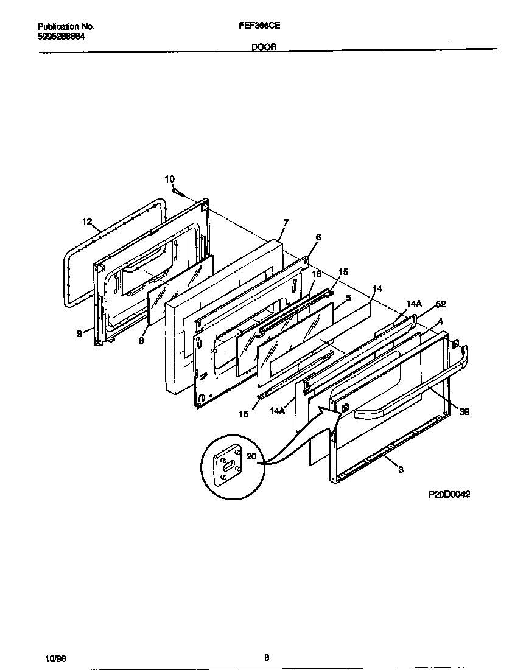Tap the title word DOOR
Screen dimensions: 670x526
pos(264,46)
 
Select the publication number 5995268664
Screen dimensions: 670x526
pos(61,37)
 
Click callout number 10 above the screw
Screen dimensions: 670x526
pos(169,179)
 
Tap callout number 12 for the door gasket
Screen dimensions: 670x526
pos(87,222)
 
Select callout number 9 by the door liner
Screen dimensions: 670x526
pos(80,333)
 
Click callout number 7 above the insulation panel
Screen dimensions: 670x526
pos(286,223)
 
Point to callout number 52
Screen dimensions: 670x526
pos(441,304)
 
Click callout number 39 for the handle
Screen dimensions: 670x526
pos(465,412)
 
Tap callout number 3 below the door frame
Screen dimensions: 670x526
pos(401,469)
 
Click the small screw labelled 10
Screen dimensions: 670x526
pos(179,192)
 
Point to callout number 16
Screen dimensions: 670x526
pos(316,274)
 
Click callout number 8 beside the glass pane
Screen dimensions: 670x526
pos(141,341)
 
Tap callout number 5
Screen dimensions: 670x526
pos(348,298)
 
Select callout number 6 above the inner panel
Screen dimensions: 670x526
pos(318,237)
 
